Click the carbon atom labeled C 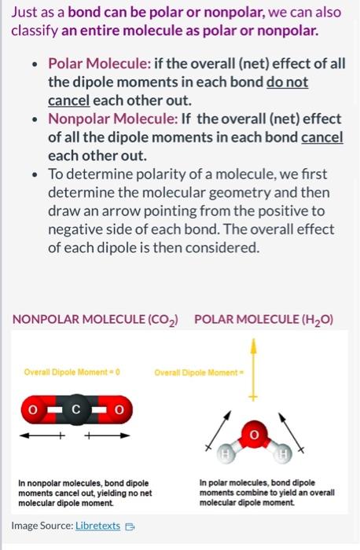point(76,409)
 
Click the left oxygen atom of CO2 point(33,409)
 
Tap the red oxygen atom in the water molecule point(253,434)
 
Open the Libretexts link point(97,525)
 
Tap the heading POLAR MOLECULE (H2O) point(263,320)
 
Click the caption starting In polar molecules point(267,492)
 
